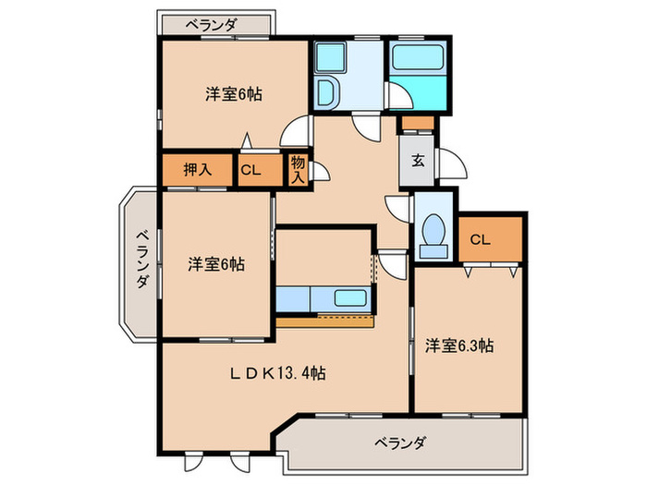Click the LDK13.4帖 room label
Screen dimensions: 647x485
tap(277, 373)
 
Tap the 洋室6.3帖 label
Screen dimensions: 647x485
tap(458, 346)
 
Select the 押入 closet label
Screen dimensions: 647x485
tap(198, 169)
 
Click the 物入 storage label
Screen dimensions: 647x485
tap(298, 169)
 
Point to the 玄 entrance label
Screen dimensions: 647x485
tap(418, 161)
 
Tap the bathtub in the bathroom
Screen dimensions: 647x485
tap(418, 57)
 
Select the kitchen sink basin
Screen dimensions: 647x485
tap(350, 297)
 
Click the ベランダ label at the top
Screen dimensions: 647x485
tap(211, 26)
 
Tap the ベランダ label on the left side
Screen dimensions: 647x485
tap(142, 260)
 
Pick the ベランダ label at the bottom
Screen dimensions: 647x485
tap(399, 443)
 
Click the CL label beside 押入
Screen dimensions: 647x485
tap(250, 170)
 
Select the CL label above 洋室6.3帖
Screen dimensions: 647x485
tap(480, 239)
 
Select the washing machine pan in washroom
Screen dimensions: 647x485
tap(330, 56)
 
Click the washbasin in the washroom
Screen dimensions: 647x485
tap(326, 91)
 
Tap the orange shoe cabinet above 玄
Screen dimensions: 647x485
tap(418, 123)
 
